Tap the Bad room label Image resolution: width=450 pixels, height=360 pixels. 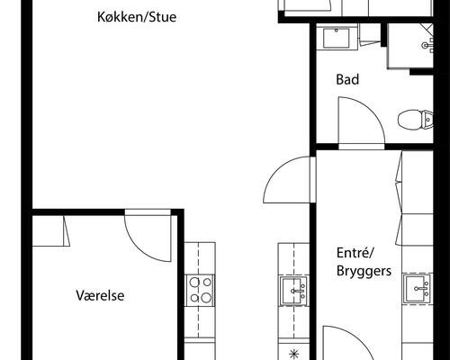pyautogui.click(x=348, y=80)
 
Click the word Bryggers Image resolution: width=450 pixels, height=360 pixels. pyautogui.click(x=364, y=270)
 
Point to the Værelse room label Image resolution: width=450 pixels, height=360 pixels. pyautogui.click(x=100, y=294)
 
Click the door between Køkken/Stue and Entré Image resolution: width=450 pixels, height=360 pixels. pyautogui.click(x=286, y=180)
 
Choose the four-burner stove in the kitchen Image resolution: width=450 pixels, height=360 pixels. pyautogui.click(x=200, y=290)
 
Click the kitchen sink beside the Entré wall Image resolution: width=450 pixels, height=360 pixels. pyautogui.click(x=293, y=290)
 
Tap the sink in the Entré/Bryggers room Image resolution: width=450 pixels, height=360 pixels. pyautogui.click(x=416, y=288)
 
